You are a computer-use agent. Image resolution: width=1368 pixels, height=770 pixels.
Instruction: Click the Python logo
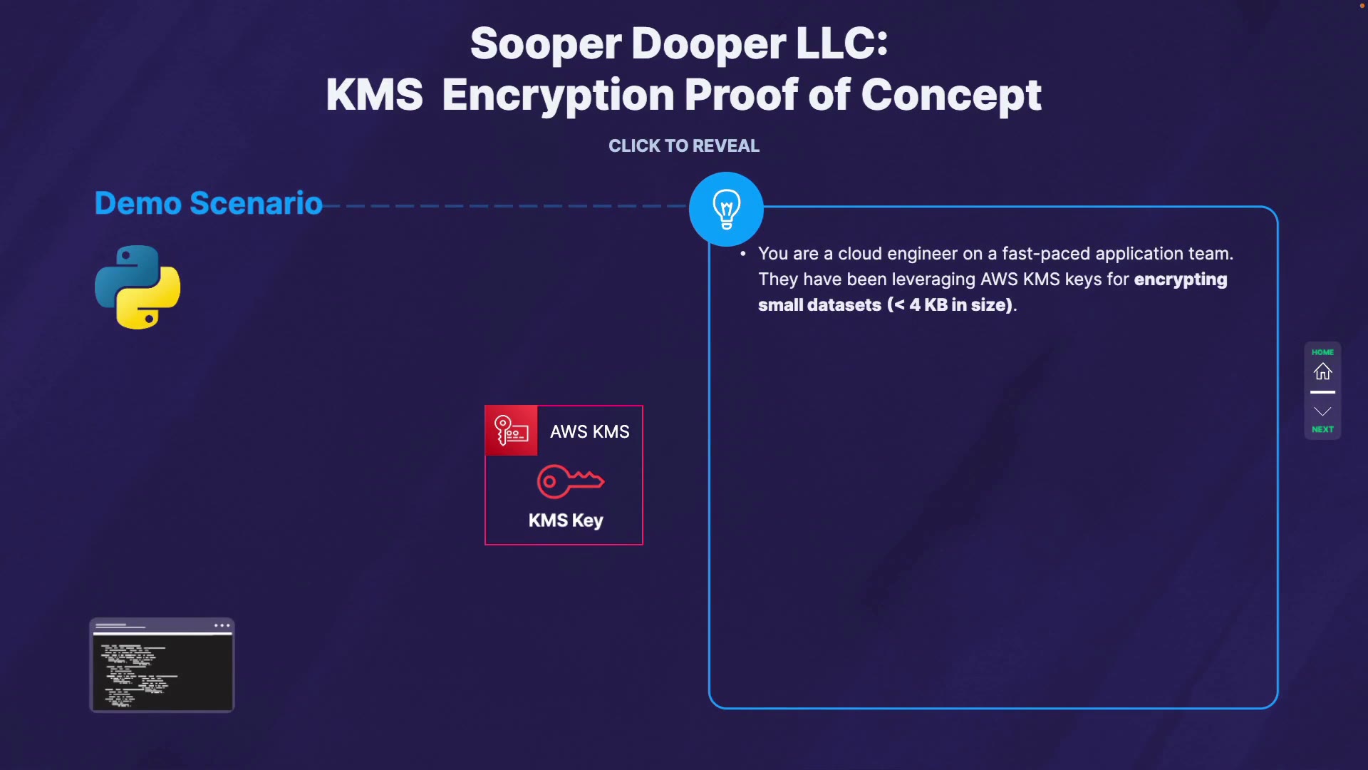click(138, 287)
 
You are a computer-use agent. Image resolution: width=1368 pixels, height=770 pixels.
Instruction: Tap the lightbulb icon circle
click(726, 209)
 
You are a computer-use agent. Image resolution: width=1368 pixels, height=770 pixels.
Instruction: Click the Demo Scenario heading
click(208, 203)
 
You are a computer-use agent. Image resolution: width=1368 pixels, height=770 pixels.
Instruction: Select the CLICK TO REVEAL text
click(683, 145)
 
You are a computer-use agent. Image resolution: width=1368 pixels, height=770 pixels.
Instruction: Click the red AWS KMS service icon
click(512, 431)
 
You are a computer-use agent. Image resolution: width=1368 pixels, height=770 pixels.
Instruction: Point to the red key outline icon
click(570, 481)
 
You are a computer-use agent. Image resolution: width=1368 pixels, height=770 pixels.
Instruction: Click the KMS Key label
click(566, 520)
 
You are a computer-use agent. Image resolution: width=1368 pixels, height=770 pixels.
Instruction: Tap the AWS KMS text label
click(589, 431)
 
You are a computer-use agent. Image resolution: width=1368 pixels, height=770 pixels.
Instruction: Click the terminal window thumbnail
click(162, 665)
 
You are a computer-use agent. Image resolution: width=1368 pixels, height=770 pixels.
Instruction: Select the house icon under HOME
click(1322, 371)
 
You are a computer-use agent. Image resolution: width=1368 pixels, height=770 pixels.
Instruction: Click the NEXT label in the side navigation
click(1322, 429)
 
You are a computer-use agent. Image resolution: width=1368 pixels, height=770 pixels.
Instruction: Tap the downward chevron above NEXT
click(1322, 411)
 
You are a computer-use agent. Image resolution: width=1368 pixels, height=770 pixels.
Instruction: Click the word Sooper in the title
click(546, 43)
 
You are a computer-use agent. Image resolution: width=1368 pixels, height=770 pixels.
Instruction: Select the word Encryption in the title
click(558, 95)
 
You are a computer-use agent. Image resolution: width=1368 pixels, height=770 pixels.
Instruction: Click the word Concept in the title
click(950, 95)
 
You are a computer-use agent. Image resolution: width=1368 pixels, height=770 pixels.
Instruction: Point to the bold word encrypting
click(1180, 279)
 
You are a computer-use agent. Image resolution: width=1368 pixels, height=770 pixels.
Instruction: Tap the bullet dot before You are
click(743, 253)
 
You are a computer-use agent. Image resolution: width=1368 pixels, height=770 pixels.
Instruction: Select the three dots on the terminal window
click(222, 625)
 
